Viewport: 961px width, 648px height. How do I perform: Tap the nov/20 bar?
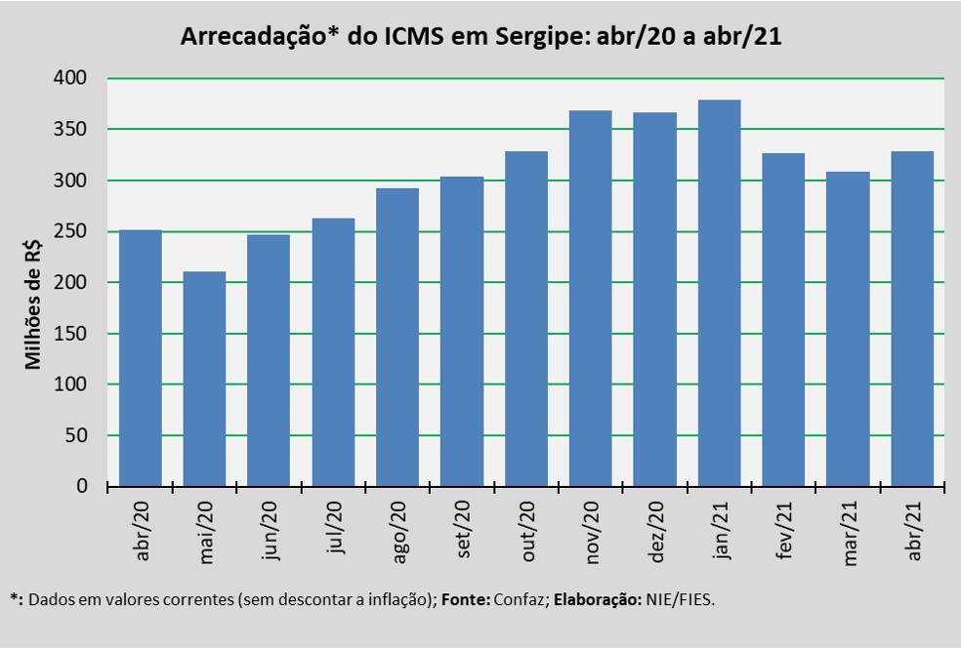tap(592, 298)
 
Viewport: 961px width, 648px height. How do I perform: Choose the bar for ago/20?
tap(398, 337)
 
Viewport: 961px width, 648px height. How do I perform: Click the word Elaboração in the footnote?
tap(596, 600)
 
